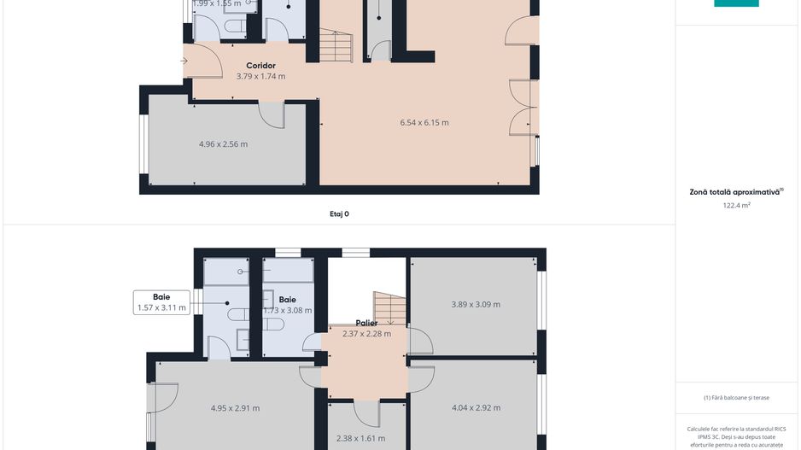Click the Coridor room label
pos(260,66)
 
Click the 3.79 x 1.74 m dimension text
pos(260,76)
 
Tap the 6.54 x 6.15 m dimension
pos(424,122)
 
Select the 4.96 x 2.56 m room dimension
pos(223,144)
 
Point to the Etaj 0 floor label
pos(339,214)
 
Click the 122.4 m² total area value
pos(736,205)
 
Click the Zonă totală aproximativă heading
pos(735,192)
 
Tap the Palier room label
pos(366,323)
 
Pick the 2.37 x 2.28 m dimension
pos(366,334)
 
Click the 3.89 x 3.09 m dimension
pos(476,304)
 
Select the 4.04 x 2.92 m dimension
pos(476,408)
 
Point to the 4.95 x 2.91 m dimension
pos(235,408)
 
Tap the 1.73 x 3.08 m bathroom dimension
pos(287,311)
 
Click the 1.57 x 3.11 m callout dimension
pos(161,308)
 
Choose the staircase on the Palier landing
pos(389,308)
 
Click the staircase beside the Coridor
pos(335,45)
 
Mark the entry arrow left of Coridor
pos(185,61)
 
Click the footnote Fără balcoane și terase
pos(736,397)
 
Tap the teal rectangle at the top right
pos(736,3)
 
